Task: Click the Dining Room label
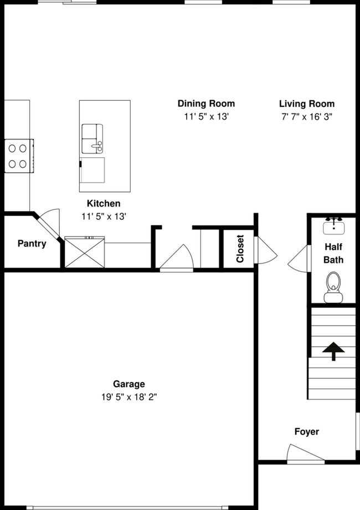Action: tap(206, 104)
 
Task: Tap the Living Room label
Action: tap(306, 104)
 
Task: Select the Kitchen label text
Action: tap(103, 204)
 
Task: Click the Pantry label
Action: tap(32, 243)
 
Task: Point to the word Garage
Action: tap(129, 384)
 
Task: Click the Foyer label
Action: tap(306, 431)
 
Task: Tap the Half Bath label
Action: tap(333, 253)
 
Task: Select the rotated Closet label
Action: tap(240, 249)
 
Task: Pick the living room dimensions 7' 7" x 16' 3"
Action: tap(306, 116)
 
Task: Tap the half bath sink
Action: tap(333, 225)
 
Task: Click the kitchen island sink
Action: tap(92, 138)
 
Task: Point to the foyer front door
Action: tap(305, 453)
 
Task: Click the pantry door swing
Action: tap(48, 221)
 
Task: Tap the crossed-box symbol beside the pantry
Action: tap(84, 253)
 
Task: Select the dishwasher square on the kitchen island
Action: tap(92, 169)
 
